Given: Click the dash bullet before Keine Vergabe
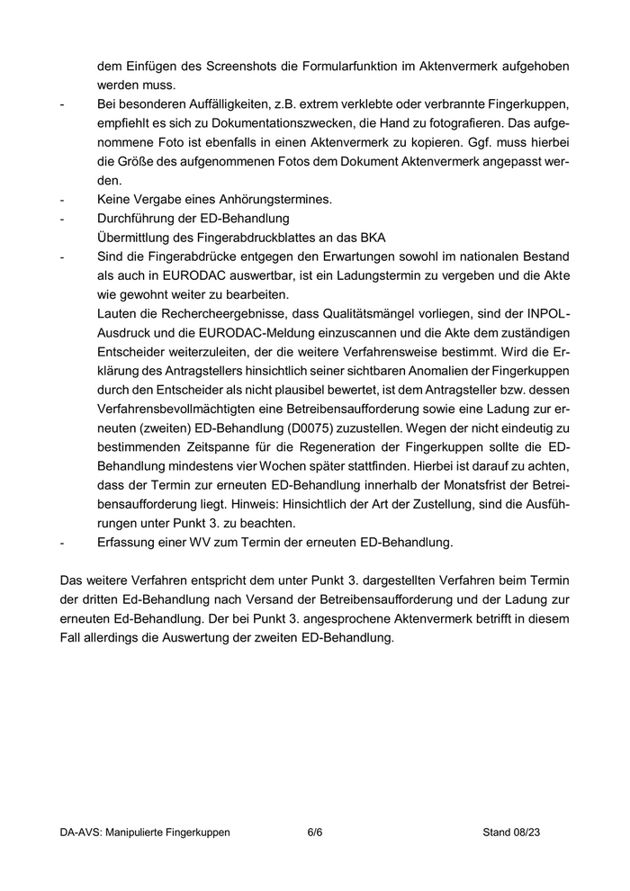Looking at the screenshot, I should coord(62,200).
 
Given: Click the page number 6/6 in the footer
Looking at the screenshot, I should coord(314,832).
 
